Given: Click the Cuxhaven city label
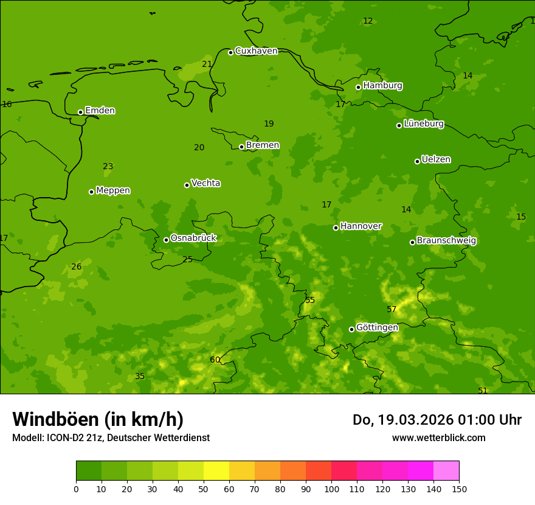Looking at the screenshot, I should pos(256,51).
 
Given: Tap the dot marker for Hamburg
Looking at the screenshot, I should pos(359,87).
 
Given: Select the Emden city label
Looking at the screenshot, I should pos(100,111).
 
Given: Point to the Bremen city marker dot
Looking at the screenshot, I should pos(241,147).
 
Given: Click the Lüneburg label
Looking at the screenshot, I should pos(423,124).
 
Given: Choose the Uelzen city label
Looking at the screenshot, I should pos(436,160).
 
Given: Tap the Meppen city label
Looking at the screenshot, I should pos(113,190).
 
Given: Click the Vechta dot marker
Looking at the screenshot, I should pos(187,185).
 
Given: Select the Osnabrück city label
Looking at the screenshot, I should pos(193,239).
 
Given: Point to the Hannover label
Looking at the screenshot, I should pos(361,226).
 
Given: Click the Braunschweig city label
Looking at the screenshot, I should pos(446,241).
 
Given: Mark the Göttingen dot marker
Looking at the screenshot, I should pos(351,329).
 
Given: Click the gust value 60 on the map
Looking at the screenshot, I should pos(215,360).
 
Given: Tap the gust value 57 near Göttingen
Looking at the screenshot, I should pos(392,310).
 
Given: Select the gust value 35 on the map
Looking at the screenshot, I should pos(140,377).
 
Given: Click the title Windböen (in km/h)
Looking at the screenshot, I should pos(98,419).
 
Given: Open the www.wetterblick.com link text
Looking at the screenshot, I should pos(438,438).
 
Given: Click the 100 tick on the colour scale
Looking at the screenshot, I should pos(331,489).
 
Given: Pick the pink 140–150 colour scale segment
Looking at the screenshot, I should pos(446,471).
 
